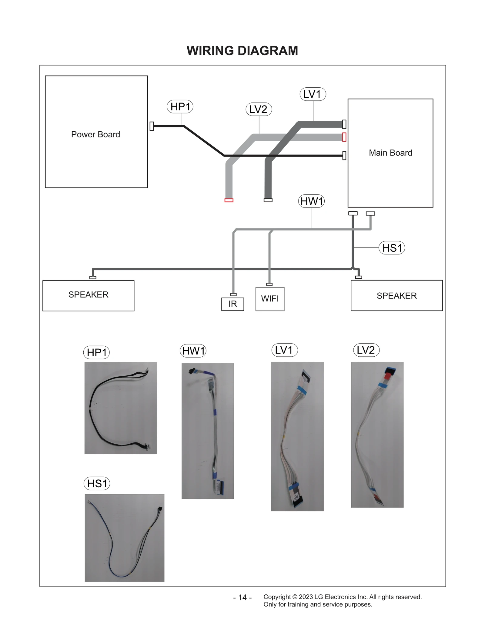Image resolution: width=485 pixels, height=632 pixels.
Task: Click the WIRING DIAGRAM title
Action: pos(242,51)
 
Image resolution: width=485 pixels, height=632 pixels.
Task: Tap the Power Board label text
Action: pos(95,134)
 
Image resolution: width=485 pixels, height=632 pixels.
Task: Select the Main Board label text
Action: pos(390,153)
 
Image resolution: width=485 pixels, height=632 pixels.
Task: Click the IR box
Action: pos(232,304)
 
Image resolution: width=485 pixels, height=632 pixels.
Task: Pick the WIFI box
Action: pos(270,299)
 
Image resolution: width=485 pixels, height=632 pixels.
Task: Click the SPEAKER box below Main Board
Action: pos(396,295)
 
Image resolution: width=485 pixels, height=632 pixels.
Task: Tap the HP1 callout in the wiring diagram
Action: pos(180,106)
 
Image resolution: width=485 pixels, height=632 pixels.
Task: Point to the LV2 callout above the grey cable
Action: pos(259,109)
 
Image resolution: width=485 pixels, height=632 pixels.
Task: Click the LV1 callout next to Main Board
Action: pos(313,94)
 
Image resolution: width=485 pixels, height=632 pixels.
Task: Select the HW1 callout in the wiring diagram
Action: pos(311,201)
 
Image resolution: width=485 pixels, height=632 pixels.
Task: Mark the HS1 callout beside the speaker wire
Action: pos(392,248)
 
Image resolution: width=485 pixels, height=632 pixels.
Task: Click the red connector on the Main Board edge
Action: pos(344,137)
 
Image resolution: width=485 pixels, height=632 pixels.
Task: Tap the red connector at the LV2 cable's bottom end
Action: pos(229,200)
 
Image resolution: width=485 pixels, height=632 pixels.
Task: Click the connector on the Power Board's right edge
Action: pos(152,126)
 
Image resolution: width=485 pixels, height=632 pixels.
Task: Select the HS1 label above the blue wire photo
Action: pos(97,483)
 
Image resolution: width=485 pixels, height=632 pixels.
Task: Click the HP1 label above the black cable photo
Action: pos(96,352)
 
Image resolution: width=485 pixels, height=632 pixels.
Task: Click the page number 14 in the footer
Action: pos(242,597)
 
